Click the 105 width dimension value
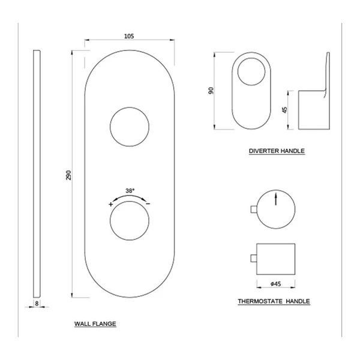click(129, 36)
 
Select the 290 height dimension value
click(69, 175)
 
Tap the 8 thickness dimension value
click(37, 304)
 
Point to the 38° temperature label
click(130, 191)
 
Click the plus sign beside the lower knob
click(110, 204)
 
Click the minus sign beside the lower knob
click(148, 203)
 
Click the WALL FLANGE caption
click(95, 324)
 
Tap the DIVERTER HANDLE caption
click(277, 151)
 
